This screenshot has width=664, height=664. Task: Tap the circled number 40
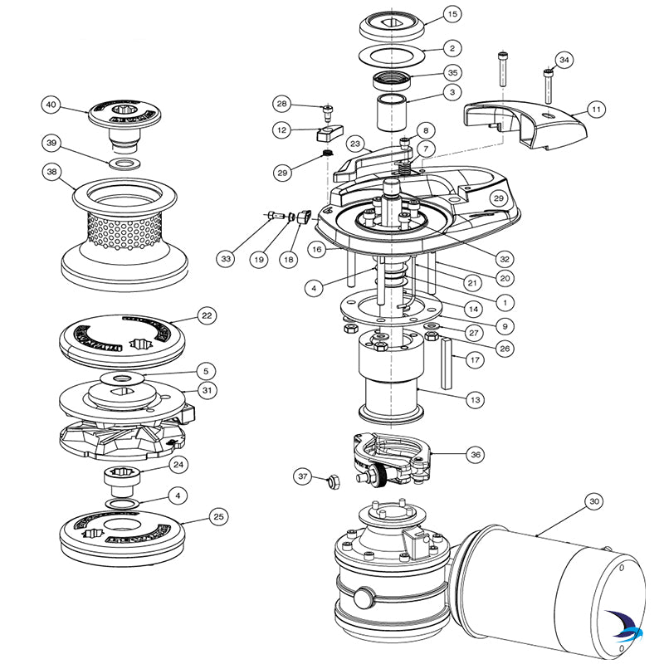coord(51,105)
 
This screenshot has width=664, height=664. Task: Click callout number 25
coord(218,517)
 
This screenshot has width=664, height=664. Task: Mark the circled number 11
coord(596,109)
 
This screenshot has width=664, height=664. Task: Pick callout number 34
coord(564,60)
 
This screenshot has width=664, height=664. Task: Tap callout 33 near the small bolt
coord(227,259)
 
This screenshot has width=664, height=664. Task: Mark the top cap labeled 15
coord(390,24)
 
